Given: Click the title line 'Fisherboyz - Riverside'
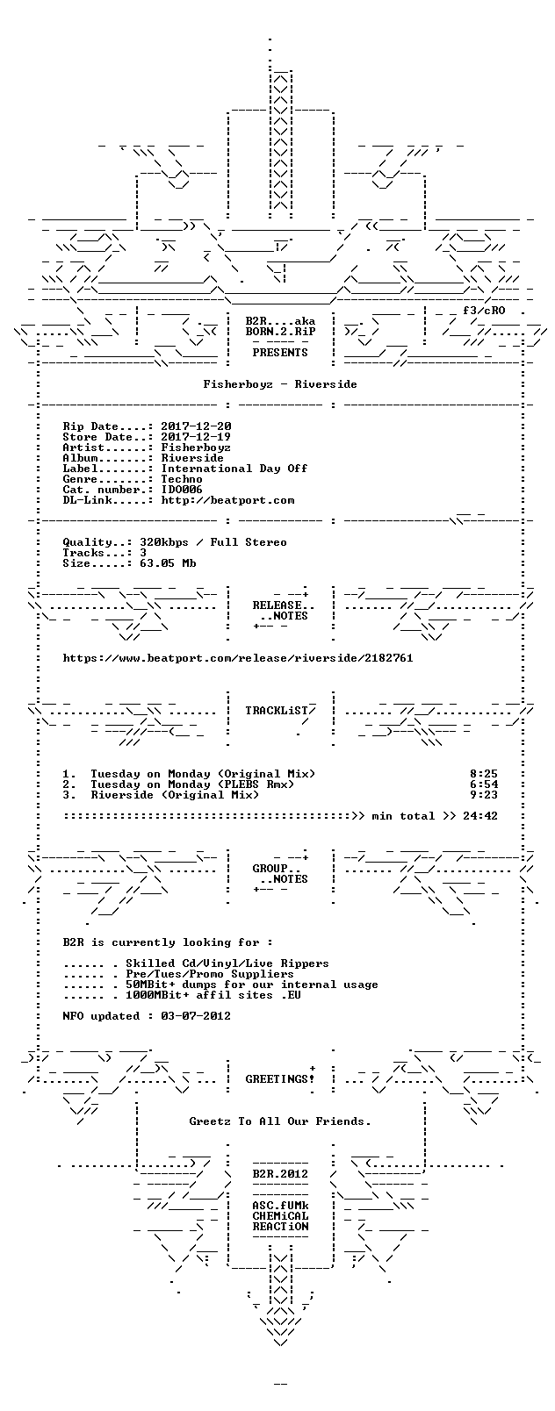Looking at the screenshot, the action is tap(280, 384).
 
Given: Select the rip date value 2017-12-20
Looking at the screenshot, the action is tap(196, 426).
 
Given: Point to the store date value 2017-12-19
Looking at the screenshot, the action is tap(196, 437).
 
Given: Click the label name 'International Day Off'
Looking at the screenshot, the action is tap(234, 469).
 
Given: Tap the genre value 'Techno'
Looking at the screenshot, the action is tap(183, 479).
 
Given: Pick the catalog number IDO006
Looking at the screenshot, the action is tap(183, 490).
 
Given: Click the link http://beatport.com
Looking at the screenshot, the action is tap(227, 501).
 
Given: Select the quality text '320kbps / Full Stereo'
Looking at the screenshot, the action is tap(213, 542).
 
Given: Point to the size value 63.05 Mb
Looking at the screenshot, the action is tap(168, 563).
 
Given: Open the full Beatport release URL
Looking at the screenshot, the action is tap(238, 658).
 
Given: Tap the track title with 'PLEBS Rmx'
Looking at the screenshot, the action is tap(192, 784).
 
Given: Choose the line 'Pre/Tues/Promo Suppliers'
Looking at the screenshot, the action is tap(210, 975).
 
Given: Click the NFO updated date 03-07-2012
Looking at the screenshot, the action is tap(196, 1016).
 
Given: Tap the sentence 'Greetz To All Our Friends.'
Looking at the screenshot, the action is tap(280, 1122).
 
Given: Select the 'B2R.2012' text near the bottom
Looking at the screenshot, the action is tap(280, 1174).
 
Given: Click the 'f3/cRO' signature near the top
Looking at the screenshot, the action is tap(484, 311).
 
